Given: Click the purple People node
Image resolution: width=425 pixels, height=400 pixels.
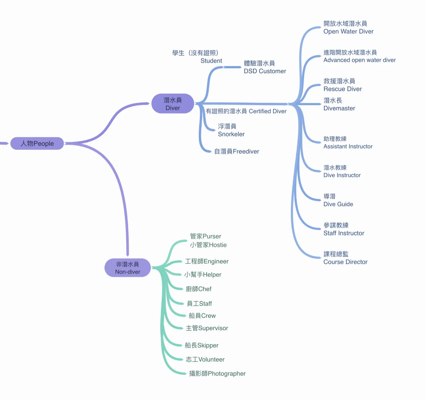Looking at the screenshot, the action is (37, 143).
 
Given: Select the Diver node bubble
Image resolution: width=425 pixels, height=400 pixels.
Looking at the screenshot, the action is (173, 104).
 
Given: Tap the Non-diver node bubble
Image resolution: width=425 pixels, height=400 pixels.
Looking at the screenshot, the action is (127, 268).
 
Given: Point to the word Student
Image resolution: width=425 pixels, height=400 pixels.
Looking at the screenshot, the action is (211, 61).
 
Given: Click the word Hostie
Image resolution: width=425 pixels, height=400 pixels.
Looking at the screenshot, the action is (218, 245).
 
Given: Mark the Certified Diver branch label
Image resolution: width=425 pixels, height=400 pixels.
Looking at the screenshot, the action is (246, 111).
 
